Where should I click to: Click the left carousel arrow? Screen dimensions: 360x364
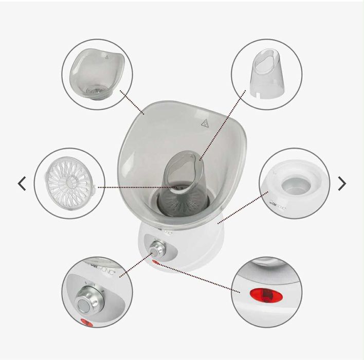[22, 183]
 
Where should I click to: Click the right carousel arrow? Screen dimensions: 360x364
[342, 183]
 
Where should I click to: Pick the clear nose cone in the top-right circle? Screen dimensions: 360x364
[266, 74]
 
